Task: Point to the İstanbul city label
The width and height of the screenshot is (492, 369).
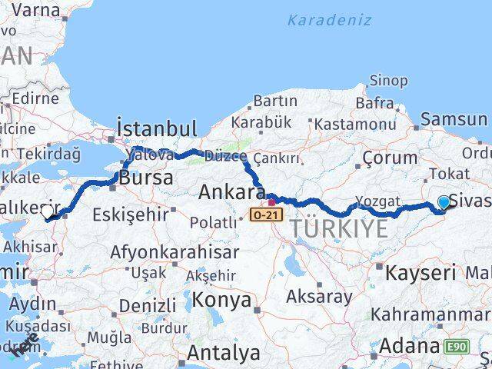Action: tap(156, 128)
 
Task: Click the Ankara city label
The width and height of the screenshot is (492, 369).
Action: tap(231, 192)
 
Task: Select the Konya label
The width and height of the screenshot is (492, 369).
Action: tap(222, 299)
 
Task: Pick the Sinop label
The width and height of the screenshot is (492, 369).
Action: tap(388, 79)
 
